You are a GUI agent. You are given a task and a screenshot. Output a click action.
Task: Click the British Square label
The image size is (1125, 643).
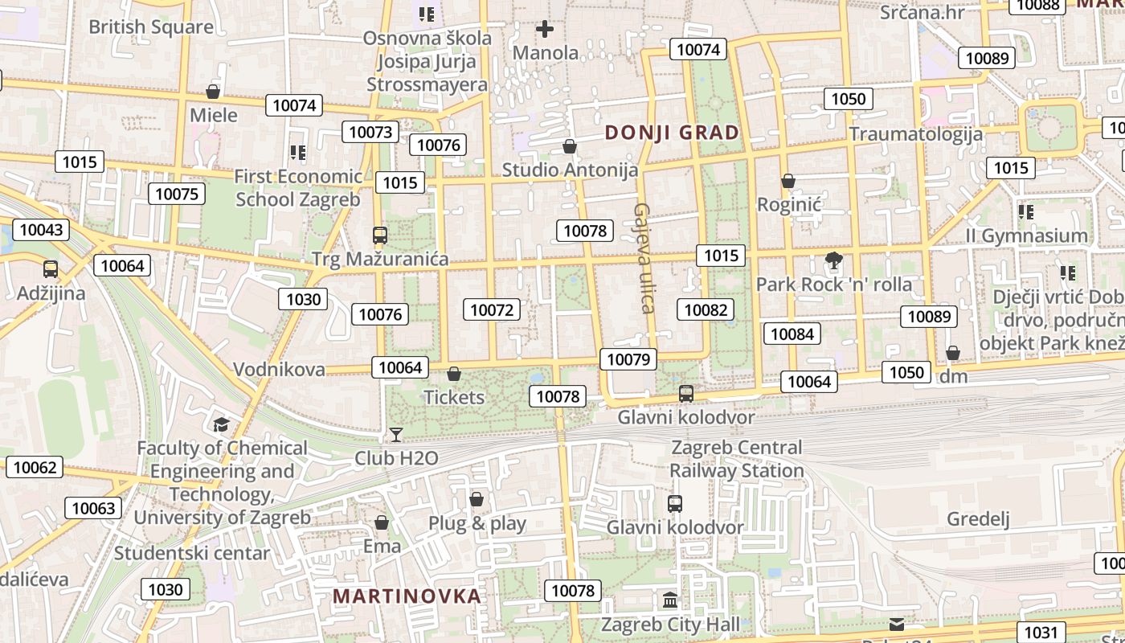point(151,27)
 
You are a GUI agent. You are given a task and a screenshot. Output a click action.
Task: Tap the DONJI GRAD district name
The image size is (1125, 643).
point(672,133)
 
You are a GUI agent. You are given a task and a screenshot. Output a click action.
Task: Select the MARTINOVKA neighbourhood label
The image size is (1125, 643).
point(407,596)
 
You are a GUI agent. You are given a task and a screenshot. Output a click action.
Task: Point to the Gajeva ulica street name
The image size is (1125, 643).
point(644,257)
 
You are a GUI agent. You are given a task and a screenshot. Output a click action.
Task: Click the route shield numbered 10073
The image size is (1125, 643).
point(370,132)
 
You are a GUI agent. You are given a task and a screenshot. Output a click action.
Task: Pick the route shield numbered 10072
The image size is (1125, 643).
point(492,309)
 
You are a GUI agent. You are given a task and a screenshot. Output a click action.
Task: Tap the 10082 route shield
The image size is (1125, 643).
point(706,309)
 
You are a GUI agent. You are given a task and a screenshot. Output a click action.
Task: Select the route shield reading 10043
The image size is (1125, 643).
point(41,230)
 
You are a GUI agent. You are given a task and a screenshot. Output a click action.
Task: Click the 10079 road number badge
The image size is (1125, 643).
point(628,359)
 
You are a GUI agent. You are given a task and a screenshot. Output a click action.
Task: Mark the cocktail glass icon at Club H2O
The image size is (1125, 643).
point(396,435)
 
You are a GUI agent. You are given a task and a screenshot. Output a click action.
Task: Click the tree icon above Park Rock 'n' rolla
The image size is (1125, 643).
point(834,260)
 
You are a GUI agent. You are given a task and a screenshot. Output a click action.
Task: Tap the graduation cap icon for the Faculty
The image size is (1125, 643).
point(221,424)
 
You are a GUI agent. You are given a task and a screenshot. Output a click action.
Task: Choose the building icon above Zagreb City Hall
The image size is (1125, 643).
point(670,600)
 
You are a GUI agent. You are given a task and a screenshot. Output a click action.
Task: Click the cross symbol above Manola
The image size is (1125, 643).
point(545,30)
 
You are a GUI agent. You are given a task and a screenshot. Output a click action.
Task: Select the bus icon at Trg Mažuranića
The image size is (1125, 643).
point(380,235)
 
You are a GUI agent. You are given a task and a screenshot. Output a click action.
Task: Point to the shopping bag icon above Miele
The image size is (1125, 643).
point(213,92)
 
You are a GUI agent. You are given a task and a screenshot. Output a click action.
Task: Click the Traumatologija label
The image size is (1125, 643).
point(915,133)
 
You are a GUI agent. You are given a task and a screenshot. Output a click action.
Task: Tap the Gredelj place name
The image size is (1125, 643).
point(978,518)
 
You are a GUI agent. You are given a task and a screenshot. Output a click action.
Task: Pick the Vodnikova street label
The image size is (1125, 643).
point(279,370)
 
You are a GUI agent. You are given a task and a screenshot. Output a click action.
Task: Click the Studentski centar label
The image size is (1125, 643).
point(192,553)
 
